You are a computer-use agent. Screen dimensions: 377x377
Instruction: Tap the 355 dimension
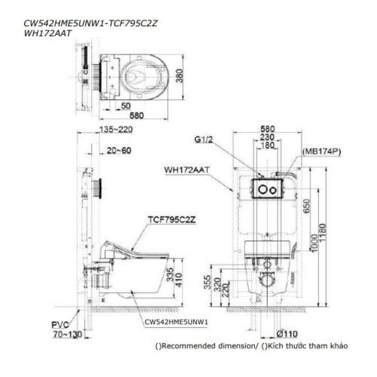point(208,285)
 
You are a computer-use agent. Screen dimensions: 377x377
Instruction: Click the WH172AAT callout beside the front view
point(185,170)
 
